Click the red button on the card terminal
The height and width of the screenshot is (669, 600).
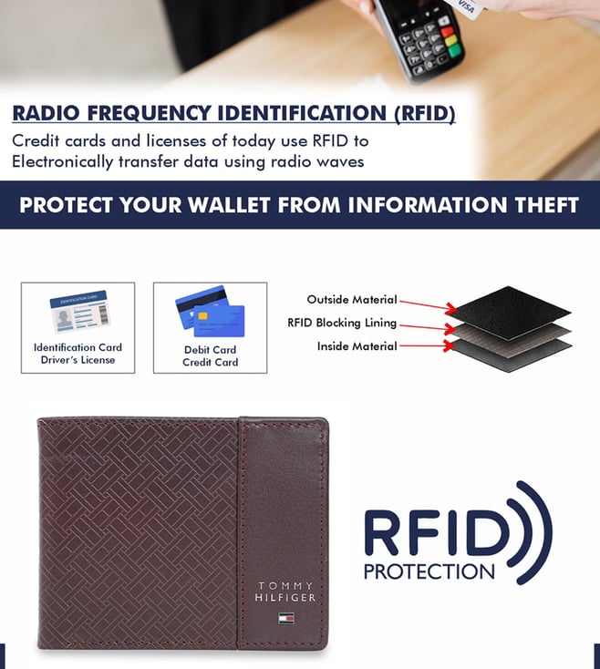(x=447, y=32)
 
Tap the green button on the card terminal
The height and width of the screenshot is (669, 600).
(x=455, y=52)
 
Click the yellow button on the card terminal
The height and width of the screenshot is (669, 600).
(x=451, y=41)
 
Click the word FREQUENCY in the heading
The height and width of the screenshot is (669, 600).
(x=149, y=114)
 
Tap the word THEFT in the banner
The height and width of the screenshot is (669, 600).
(x=547, y=205)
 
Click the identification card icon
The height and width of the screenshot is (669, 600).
(x=79, y=312)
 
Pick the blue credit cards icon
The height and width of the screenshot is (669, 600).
(x=210, y=312)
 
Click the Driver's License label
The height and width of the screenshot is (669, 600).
(x=78, y=360)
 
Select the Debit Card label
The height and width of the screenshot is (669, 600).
(x=210, y=350)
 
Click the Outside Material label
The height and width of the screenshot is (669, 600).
(x=352, y=300)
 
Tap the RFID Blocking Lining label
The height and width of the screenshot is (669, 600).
(x=342, y=323)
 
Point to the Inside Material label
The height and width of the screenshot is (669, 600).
(x=357, y=346)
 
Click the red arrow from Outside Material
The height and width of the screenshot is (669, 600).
(x=428, y=305)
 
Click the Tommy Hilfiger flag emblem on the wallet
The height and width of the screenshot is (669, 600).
(x=286, y=618)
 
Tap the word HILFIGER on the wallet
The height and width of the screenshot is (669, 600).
(x=285, y=598)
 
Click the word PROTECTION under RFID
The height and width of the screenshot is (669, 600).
(x=429, y=571)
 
